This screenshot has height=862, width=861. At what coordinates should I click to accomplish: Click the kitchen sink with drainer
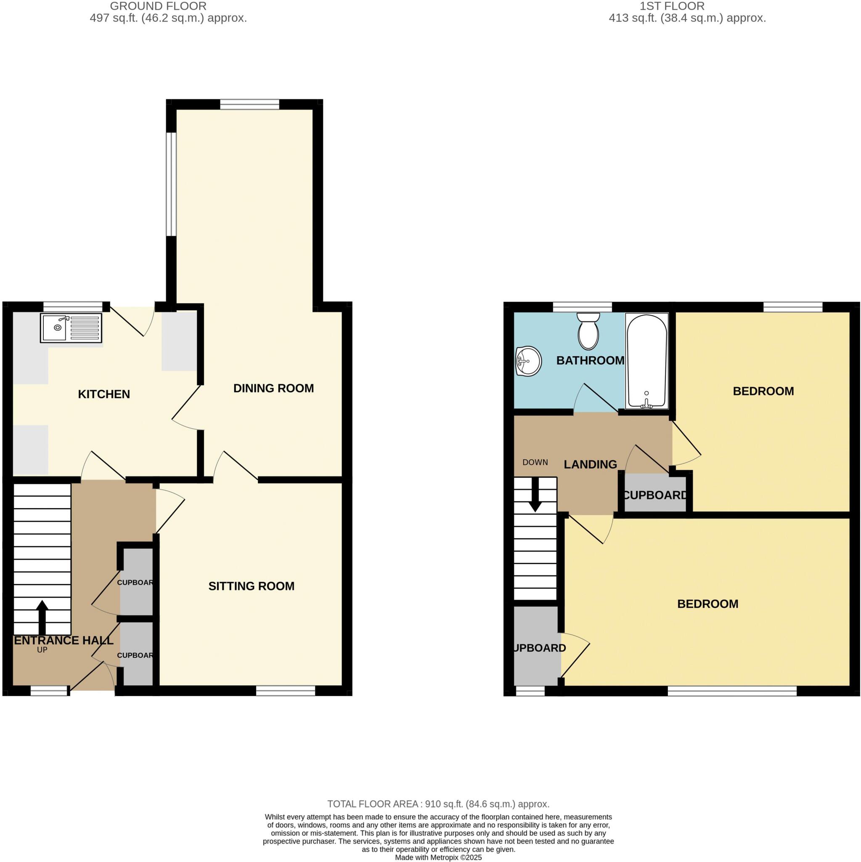click(72, 328)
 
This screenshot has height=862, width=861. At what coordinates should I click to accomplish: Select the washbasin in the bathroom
click(528, 361)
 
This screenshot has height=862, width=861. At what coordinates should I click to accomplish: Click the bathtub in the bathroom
click(646, 361)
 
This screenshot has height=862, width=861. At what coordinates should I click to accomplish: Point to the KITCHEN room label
click(104, 394)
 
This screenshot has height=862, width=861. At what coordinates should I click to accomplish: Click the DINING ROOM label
click(273, 388)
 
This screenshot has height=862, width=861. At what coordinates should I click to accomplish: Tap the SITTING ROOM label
click(251, 586)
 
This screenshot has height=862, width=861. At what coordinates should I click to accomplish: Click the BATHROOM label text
click(590, 361)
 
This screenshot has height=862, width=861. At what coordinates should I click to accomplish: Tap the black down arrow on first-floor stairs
click(535, 495)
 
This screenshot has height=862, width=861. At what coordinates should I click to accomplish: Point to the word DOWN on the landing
click(535, 462)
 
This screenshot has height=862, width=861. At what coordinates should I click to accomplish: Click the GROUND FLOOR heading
click(158, 6)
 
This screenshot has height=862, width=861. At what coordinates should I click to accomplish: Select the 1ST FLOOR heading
click(672, 6)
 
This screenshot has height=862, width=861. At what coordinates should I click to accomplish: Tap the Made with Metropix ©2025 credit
click(438, 857)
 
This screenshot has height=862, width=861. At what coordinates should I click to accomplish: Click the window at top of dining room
click(250, 104)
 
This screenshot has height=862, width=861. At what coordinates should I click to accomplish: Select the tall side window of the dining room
click(171, 184)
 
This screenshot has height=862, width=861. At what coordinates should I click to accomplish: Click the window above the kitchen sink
click(73, 306)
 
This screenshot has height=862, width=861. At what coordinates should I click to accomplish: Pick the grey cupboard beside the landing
click(654, 495)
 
